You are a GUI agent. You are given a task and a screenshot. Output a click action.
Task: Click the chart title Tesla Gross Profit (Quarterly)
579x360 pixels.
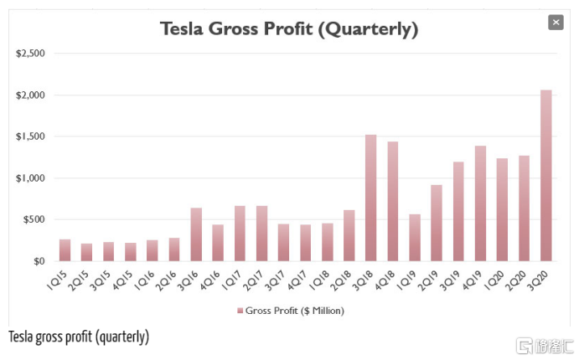tap(288, 29)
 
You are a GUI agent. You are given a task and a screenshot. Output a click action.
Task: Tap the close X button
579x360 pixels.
tap(555, 23)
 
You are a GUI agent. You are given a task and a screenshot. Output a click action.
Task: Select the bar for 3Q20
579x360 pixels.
tap(546, 176)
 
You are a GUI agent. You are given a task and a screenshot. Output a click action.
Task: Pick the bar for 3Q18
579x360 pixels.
tap(371, 198)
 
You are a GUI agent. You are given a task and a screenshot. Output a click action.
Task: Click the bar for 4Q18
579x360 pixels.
tap(393, 202)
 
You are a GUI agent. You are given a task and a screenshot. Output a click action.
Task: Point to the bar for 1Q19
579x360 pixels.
tap(415, 238)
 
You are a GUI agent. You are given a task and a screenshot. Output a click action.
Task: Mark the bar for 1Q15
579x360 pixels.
tap(65, 250)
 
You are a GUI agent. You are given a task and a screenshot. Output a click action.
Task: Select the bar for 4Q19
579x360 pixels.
tap(480, 203)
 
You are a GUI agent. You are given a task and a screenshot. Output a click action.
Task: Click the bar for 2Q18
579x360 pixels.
tap(349, 236)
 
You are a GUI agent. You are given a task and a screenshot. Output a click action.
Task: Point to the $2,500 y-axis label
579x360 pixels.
tap(30, 54)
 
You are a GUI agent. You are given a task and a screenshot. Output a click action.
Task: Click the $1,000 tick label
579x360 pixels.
tap(30, 178)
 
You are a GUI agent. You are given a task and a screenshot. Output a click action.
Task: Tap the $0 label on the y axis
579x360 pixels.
tap(38, 261)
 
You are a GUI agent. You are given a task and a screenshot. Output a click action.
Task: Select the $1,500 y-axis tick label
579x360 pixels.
tap(30, 136)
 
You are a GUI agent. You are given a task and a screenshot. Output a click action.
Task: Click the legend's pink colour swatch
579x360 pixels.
tap(240, 311)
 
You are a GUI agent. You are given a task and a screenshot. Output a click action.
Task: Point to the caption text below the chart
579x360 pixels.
tap(79, 337)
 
